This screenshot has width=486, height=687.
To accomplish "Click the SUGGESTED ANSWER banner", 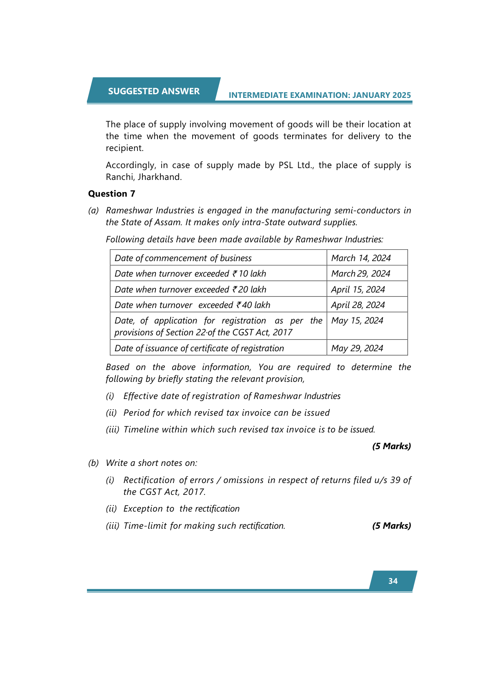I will [x=154, y=91].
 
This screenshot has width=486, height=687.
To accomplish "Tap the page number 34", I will [x=393, y=581].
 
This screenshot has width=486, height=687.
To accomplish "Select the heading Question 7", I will [x=111, y=194].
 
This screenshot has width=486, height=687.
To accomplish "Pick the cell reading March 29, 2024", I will [x=361, y=273].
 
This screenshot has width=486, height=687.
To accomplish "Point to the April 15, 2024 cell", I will [x=358, y=289].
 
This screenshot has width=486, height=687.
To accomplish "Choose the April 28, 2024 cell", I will [x=358, y=305].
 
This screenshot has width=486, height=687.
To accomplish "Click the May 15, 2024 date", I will [x=357, y=321].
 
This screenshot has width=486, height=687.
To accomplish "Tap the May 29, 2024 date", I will [x=357, y=348].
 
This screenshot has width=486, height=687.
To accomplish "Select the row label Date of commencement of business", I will [x=183, y=258].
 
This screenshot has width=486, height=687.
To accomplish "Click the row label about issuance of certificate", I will [x=199, y=348].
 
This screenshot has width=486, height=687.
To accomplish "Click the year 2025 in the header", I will [x=402, y=95].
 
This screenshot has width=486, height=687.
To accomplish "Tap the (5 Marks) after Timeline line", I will [x=391, y=446].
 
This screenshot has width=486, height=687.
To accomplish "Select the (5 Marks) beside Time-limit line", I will [x=391, y=526].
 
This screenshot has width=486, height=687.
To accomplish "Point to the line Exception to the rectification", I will [x=181, y=509].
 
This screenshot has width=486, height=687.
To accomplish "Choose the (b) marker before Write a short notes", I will [x=93, y=463].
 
